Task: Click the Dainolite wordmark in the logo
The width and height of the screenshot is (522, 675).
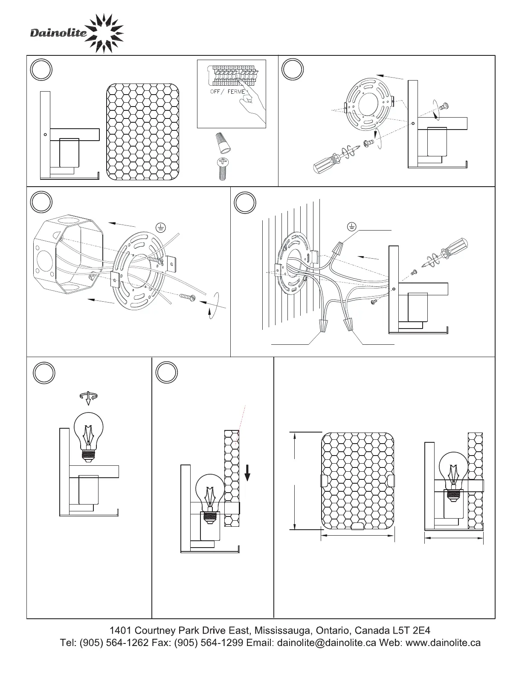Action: tap(58, 33)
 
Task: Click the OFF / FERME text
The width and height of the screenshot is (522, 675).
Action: tap(228, 92)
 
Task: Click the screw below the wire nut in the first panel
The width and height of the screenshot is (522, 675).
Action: tap(223, 169)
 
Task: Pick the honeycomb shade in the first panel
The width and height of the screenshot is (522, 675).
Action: tap(142, 132)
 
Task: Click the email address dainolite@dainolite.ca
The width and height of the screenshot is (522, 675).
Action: tap(327, 643)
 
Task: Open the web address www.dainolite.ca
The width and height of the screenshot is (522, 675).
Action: tap(444, 643)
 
